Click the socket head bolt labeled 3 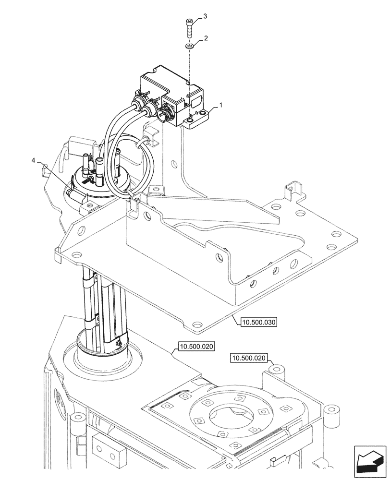point(189,27)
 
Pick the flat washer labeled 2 point(189,47)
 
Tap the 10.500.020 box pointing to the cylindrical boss point(250,358)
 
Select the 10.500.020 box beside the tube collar point(197,346)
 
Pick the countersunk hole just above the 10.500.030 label point(195,323)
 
